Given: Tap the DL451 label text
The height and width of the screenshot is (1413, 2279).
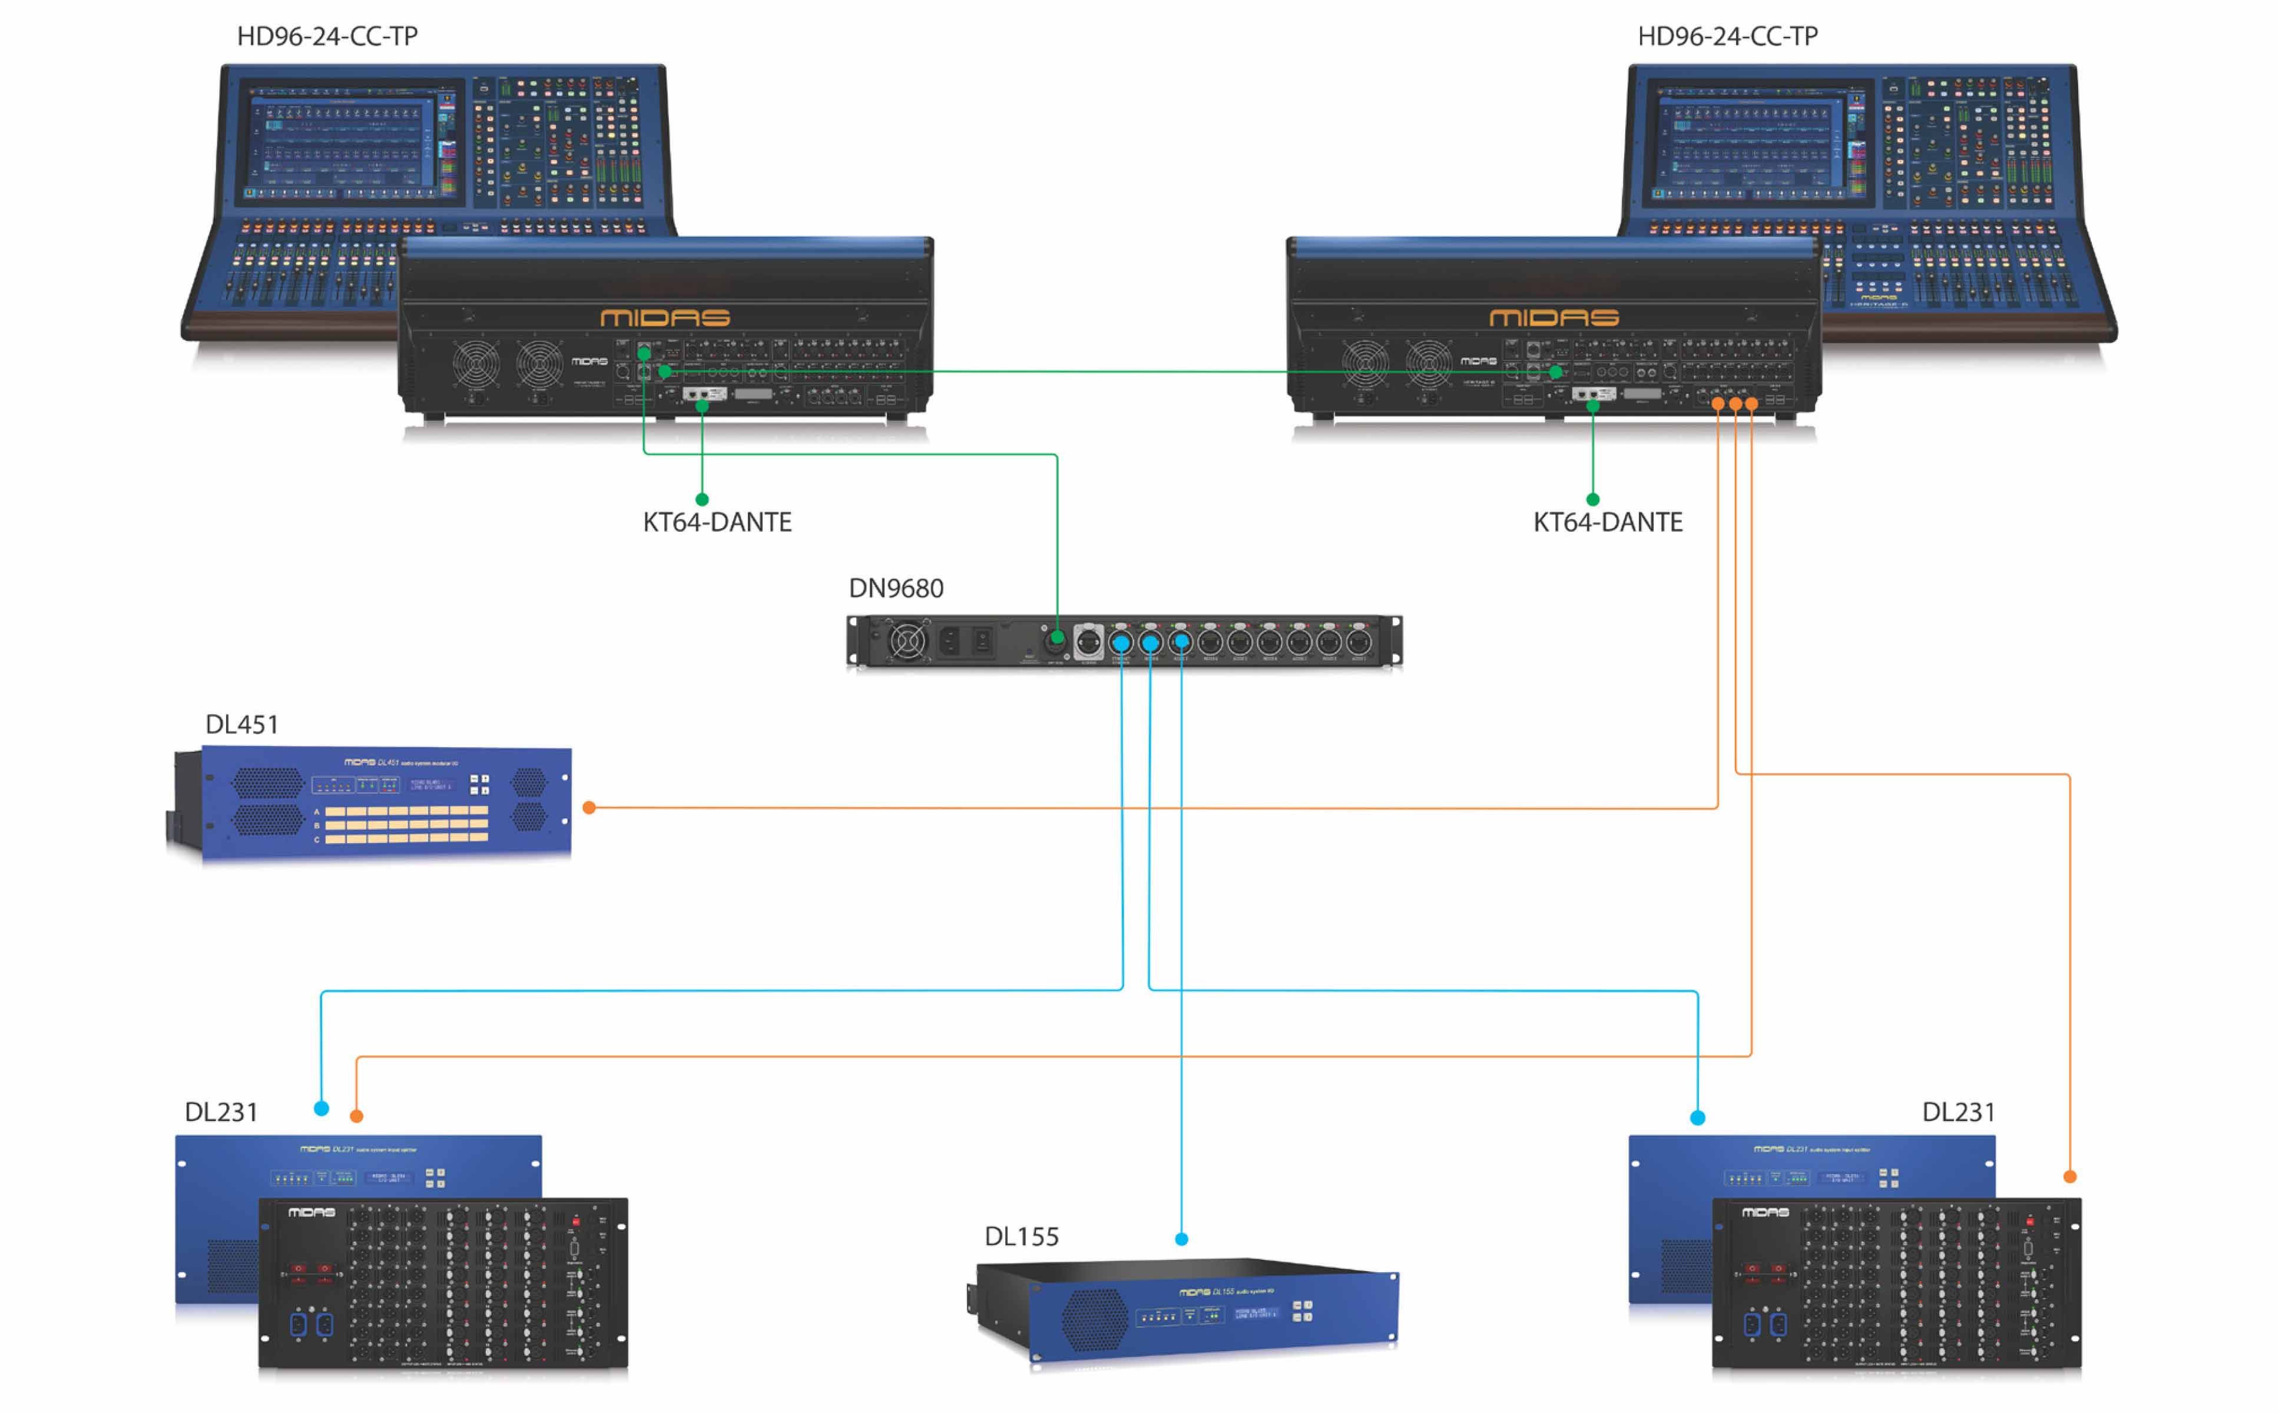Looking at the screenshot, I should tap(241, 724).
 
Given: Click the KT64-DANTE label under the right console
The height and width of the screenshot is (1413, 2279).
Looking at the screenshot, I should tap(1607, 522).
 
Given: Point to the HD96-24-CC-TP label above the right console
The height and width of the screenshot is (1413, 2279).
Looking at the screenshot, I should tap(1727, 35).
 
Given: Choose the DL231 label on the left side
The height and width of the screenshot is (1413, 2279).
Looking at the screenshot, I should tap(221, 1112).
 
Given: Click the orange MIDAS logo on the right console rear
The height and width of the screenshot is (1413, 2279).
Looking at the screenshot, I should tap(1553, 318).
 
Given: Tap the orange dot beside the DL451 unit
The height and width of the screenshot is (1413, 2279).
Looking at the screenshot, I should tap(589, 807).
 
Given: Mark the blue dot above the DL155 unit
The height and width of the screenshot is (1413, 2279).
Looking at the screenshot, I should tap(1181, 1239).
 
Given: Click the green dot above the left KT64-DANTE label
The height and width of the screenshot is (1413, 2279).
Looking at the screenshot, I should tap(702, 499).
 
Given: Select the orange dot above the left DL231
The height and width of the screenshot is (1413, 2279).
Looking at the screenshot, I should tap(356, 1116).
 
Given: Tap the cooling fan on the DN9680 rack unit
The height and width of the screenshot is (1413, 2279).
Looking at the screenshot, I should tap(905, 641).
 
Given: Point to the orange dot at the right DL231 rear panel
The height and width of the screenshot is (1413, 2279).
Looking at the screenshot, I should tap(2069, 1176).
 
